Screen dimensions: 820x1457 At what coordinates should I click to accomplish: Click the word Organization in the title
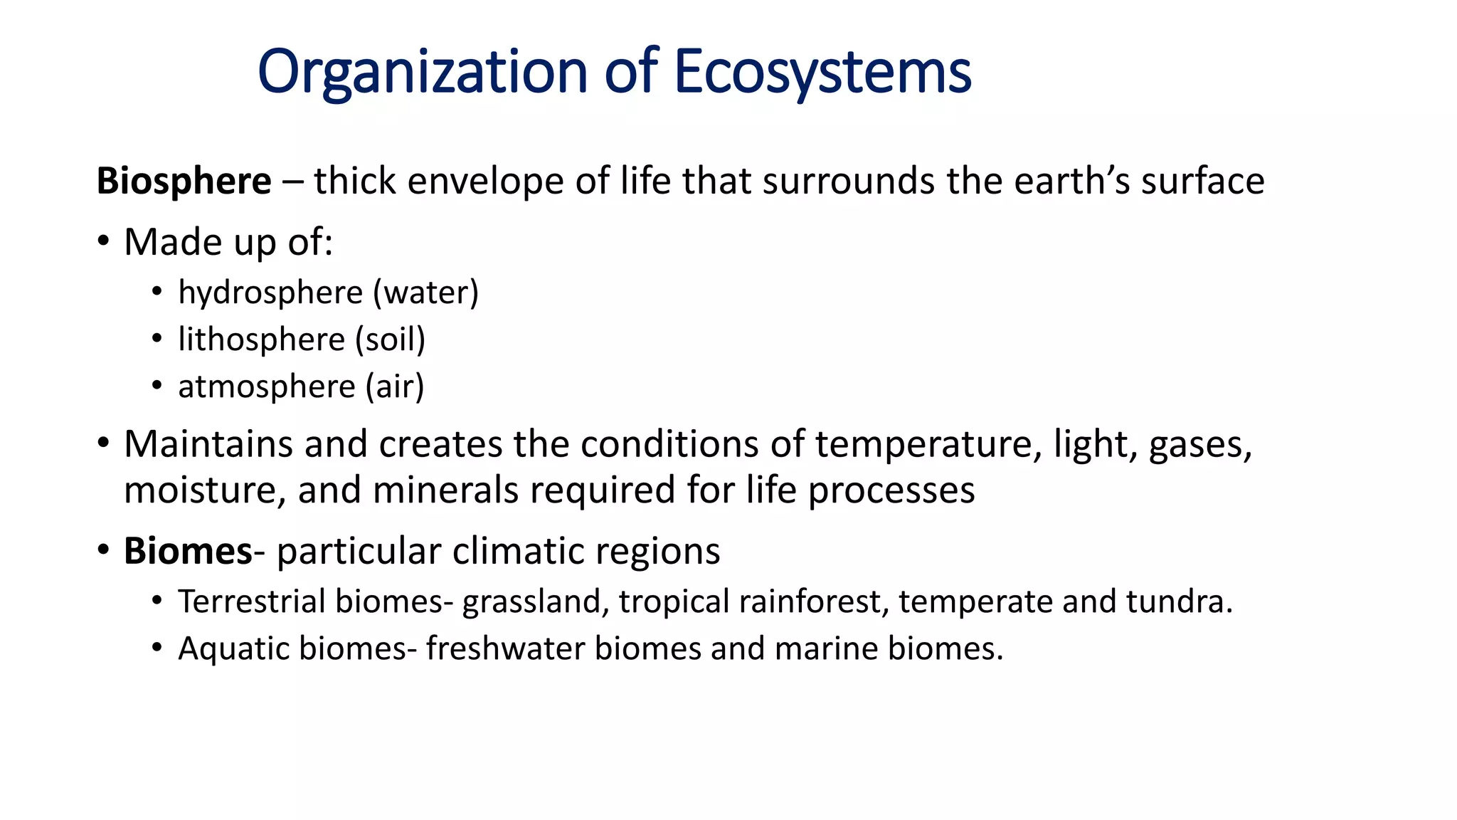point(422,72)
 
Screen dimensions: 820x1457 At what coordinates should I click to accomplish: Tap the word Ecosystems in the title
point(822,72)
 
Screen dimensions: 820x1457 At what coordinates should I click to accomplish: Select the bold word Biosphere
point(184,181)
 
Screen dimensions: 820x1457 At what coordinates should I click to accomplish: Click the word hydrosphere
point(270,293)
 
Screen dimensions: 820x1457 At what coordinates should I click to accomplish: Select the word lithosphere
point(261,340)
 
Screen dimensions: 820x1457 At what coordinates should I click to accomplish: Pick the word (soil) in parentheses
point(390,340)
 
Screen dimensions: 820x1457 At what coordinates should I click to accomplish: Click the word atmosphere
point(267,387)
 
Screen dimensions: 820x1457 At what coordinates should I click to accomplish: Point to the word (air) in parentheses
point(395,387)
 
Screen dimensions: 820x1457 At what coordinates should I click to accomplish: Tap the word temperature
point(923,444)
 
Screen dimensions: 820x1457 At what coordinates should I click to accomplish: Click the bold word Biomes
point(188,551)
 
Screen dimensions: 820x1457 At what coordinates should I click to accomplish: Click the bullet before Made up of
point(104,242)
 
